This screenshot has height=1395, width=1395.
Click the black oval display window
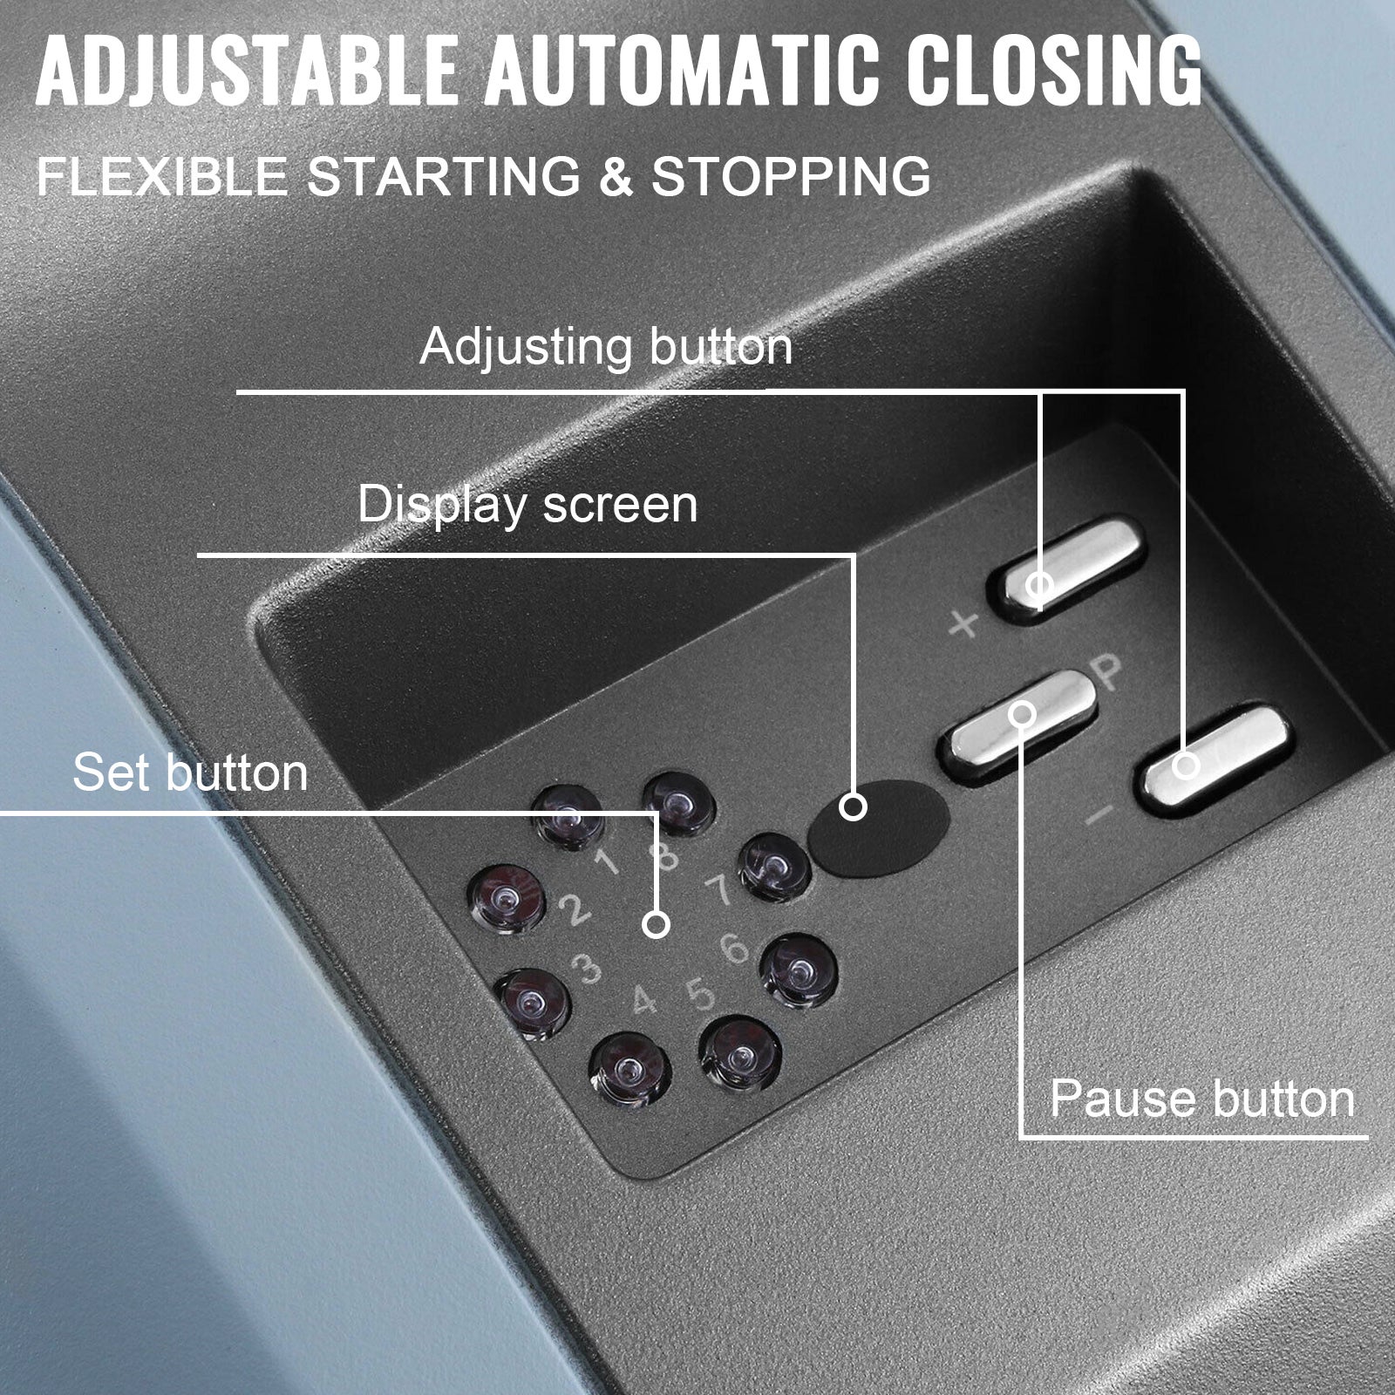pyautogui.click(x=879, y=827)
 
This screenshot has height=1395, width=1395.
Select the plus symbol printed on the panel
pyautogui.click(x=963, y=624)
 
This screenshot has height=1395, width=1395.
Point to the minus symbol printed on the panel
pyautogui.click(x=1101, y=814)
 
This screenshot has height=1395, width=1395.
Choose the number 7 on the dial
pyautogui.click(x=718, y=891)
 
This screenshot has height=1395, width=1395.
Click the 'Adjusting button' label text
pyautogui.click(x=606, y=347)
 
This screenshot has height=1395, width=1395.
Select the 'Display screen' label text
pyautogui.click(x=527, y=505)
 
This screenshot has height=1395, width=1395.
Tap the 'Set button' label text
pyautogui.click(x=190, y=772)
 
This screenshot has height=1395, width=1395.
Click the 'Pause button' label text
pyautogui.click(x=1201, y=1099)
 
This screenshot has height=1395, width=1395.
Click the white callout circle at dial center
pyautogui.click(x=657, y=924)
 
